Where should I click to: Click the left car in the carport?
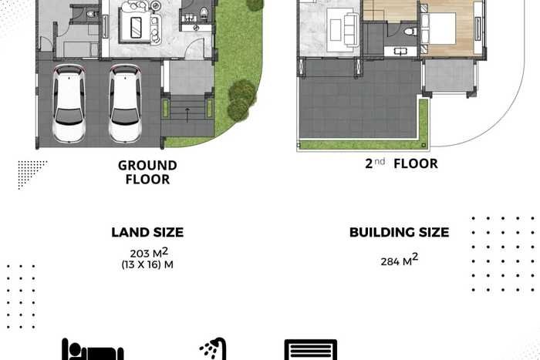click(69, 103)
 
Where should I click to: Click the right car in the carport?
click(125, 103)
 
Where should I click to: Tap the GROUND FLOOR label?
click(147, 173)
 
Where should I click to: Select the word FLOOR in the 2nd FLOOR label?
click(416, 164)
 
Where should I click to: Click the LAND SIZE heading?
click(147, 232)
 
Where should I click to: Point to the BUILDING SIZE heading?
click(399, 232)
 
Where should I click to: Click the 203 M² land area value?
click(149, 253)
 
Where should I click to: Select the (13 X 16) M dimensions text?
click(147, 264)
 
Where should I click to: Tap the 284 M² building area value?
click(400, 261)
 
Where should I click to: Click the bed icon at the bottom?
click(93, 350)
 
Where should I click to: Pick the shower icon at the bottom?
click(213, 349)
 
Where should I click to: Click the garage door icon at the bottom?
click(311, 350)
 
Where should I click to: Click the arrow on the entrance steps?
click(187, 115)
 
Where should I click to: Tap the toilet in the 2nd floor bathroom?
click(410, 32)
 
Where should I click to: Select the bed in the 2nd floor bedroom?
click(439, 29)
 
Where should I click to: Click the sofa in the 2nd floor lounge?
click(351, 29)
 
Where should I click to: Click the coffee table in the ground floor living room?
click(135, 27)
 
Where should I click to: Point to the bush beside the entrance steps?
click(241, 99)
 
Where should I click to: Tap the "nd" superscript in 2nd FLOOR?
click(380, 161)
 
